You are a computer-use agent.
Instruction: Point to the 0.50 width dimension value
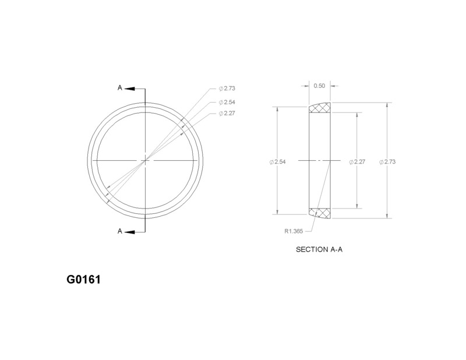click(319, 86)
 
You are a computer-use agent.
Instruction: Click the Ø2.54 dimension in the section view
click(277, 161)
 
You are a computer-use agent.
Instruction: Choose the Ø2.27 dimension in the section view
click(355, 161)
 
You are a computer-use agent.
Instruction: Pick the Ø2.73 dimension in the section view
click(387, 161)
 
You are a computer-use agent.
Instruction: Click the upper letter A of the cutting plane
click(120, 88)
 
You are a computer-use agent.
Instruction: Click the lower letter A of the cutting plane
click(120, 231)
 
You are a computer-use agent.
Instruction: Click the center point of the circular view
click(145, 160)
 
